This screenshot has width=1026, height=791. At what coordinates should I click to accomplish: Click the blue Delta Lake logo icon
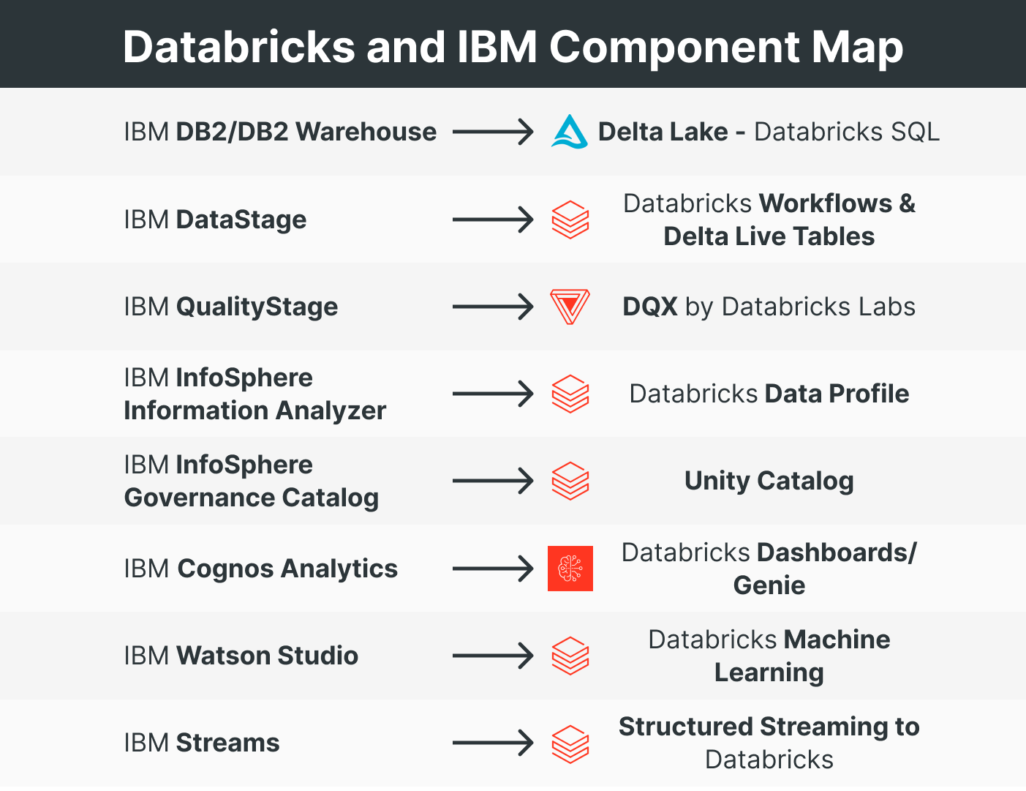point(569,132)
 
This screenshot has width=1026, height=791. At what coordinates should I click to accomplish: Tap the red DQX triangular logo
point(570,307)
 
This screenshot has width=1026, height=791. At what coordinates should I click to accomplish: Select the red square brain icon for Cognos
point(570,569)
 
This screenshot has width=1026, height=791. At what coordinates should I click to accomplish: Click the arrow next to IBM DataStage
point(493,220)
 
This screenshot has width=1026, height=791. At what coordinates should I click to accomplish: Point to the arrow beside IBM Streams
point(493,743)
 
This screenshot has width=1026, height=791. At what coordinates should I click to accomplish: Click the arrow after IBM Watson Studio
point(493,656)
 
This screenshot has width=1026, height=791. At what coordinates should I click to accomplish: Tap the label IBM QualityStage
point(231,307)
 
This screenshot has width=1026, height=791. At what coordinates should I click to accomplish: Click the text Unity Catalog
point(769,481)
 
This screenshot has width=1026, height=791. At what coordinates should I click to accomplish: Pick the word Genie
point(769,585)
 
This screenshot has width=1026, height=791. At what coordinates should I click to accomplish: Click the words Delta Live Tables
point(769,236)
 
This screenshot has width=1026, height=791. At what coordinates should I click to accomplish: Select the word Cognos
point(225,569)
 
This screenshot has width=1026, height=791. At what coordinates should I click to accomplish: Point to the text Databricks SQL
point(846,132)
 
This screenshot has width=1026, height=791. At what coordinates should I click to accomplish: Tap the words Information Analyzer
point(254,411)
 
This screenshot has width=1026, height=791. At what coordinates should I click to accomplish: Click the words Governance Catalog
point(252,498)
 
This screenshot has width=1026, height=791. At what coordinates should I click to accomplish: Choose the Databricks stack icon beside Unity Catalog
point(570,481)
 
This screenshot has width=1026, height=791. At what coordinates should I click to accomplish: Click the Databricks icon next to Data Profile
point(570,394)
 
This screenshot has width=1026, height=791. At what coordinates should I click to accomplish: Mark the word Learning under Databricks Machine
point(769,672)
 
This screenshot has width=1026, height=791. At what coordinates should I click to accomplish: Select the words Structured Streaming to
point(769,727)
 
